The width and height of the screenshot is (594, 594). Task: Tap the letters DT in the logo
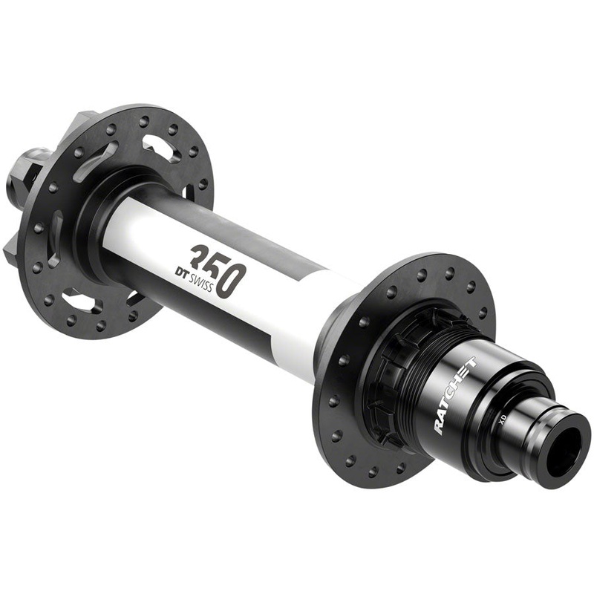(183, 272)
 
